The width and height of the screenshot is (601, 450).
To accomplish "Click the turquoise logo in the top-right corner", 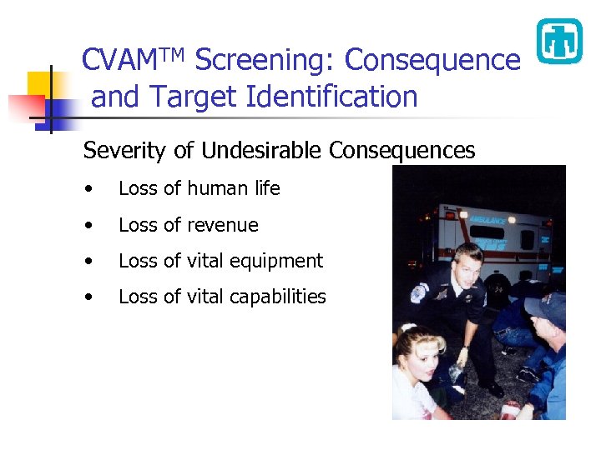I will click(x=558, y=41).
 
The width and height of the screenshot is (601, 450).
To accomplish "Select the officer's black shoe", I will click(x=492, y=387).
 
